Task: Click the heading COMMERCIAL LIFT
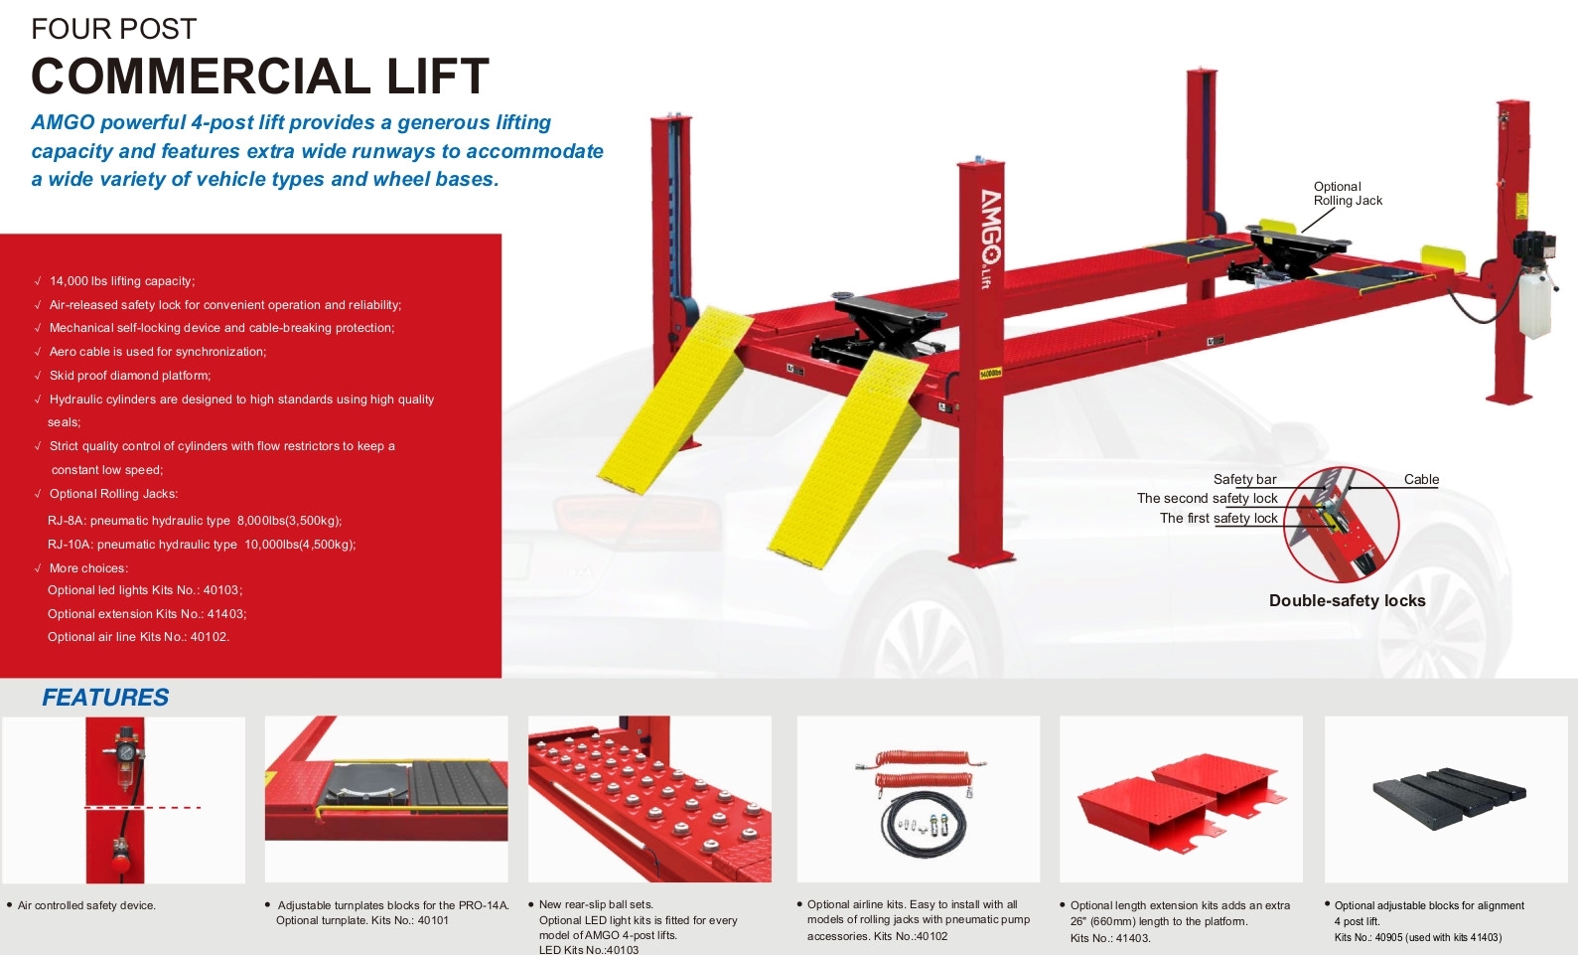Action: coord(260,77)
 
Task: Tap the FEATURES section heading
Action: coord(105,698)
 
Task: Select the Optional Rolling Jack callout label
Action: coord(1347,194)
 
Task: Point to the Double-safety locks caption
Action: coord(1347,601)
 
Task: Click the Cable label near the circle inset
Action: coord(1421,480)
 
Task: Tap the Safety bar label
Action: coord(1244,480)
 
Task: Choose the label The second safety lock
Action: coord(1207,499)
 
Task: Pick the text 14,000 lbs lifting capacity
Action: coord(122,281)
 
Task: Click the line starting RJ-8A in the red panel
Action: coord(195,521)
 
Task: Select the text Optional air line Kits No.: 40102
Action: coord(138,637)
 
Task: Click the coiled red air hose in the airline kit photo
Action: coord(919,771)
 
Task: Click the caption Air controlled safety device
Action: coord(86,905)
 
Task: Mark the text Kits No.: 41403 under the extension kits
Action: coord(1110,938)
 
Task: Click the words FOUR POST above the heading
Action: coord(114,30)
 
